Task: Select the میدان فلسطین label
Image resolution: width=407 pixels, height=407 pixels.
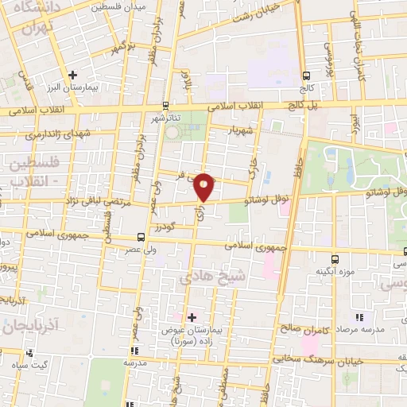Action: tap(117, 7)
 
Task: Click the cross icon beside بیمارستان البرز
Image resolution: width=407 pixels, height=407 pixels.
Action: tap(72, 75)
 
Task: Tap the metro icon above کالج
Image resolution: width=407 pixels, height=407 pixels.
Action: tap(306, 76)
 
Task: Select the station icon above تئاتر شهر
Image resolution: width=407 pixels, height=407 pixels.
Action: tap(165, 105)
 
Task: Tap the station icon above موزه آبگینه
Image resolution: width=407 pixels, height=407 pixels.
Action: tap(334, 259)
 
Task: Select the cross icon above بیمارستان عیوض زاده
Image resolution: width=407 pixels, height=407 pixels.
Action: tap(191, 316)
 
